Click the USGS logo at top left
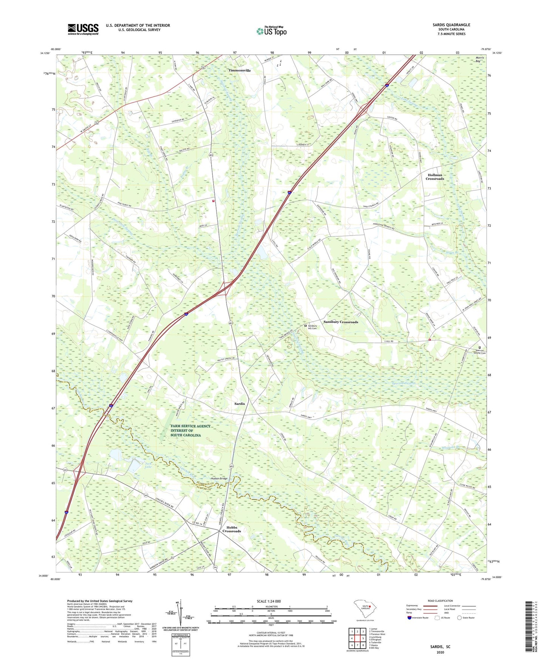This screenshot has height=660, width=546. (x=83, y=29)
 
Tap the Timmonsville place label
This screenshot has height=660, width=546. (x=239, y=70)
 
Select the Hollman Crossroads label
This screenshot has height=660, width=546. (x=435, y=177)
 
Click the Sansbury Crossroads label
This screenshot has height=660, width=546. (x=340, y=322)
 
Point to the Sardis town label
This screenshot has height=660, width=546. (x=240, y=404)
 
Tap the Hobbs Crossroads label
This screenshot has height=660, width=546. (x=231, y=529)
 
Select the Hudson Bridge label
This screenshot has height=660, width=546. (x=219, y=479)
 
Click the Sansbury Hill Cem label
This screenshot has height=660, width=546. (x=312, y=327)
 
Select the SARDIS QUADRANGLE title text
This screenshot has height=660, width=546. (x=452, y=25)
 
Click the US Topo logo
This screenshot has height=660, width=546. (x=271, y=31)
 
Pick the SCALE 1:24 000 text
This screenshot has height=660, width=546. (x=269, y=601)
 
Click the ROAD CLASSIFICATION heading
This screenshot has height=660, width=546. (x=440, y=601)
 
